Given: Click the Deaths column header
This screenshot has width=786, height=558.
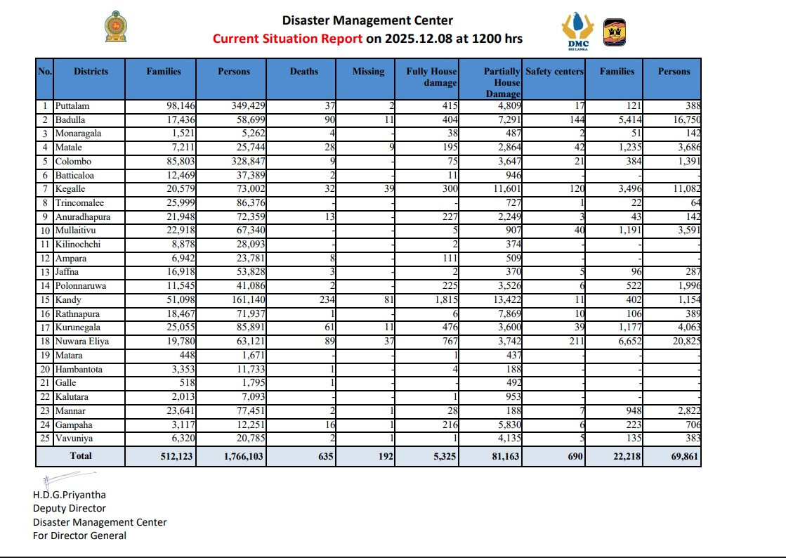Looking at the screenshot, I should pos(303,72).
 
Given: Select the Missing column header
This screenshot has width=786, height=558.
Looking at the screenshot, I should pos(368,72).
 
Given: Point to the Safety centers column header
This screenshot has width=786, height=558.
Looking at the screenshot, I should pos(554,72).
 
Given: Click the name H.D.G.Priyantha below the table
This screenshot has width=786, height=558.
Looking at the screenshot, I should pos(69,495).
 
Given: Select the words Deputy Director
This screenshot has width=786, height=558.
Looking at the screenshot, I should pos(69,508).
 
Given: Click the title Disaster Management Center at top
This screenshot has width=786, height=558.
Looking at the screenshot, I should pos(367,21).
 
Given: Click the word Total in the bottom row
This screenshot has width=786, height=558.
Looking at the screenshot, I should pos(81,455).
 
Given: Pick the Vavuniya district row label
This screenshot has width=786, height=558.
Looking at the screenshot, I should pos(75,439).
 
